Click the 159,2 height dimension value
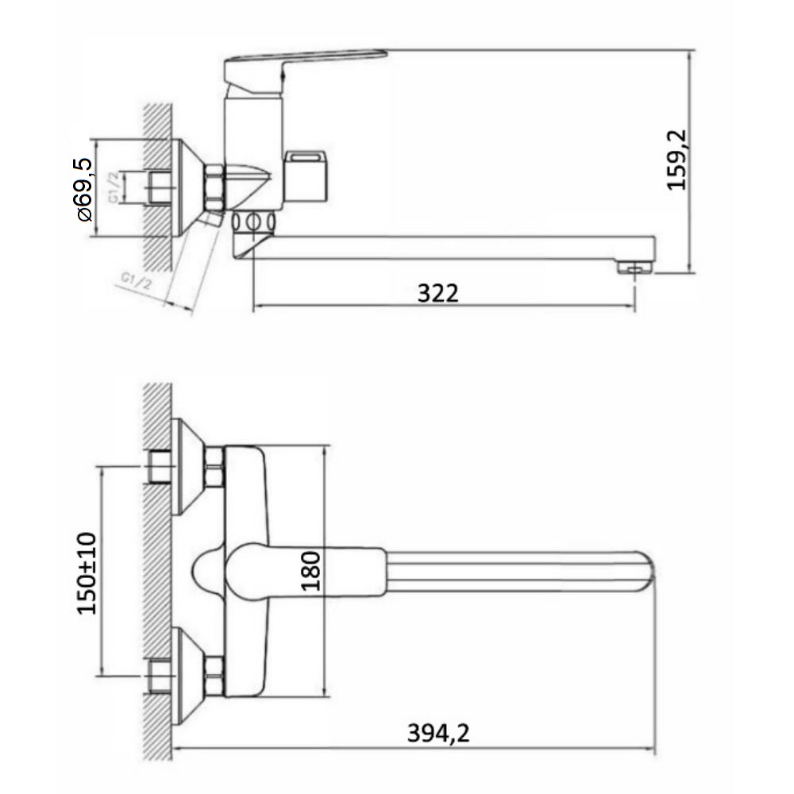(677, 160)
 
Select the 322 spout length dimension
(438, 293)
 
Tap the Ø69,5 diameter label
(85, 190)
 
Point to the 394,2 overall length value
(438, 733)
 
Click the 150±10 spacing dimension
(87, 573)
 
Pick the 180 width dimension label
(311, 571)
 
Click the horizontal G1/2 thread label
(114, 187)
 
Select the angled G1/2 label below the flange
(136, 281)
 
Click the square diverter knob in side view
(306, 175)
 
